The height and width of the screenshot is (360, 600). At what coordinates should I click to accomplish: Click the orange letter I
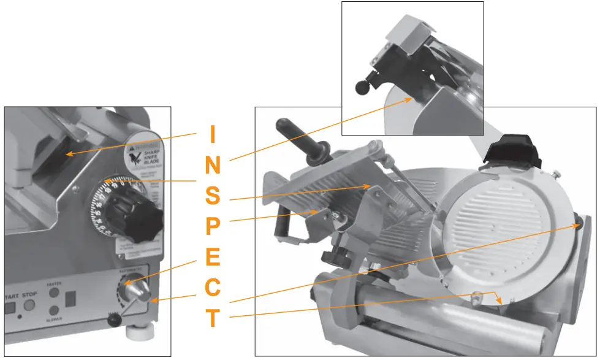(212, 134)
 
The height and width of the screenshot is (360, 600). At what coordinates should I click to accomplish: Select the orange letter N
(212, 165)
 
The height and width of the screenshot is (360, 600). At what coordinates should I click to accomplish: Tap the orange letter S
(212, 196)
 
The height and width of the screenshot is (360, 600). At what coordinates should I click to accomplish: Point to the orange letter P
(212, 226)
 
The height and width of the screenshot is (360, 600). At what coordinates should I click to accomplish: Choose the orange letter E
(212, 257)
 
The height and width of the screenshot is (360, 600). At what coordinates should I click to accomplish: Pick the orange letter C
(212, 288)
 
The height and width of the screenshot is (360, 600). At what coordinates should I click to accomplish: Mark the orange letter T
(212, 318)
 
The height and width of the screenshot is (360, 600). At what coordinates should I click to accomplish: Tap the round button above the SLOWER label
(54, 311)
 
